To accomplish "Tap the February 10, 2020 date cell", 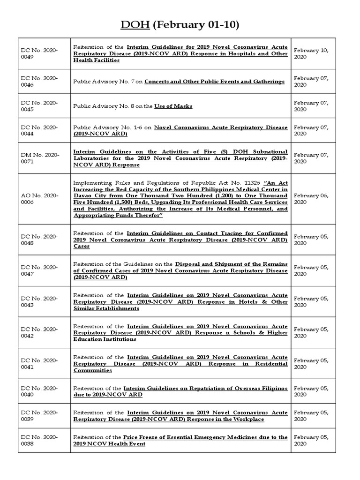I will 311,53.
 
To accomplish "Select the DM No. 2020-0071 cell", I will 40,158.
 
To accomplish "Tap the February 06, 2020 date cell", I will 311,199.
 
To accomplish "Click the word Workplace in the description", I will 247,419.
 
